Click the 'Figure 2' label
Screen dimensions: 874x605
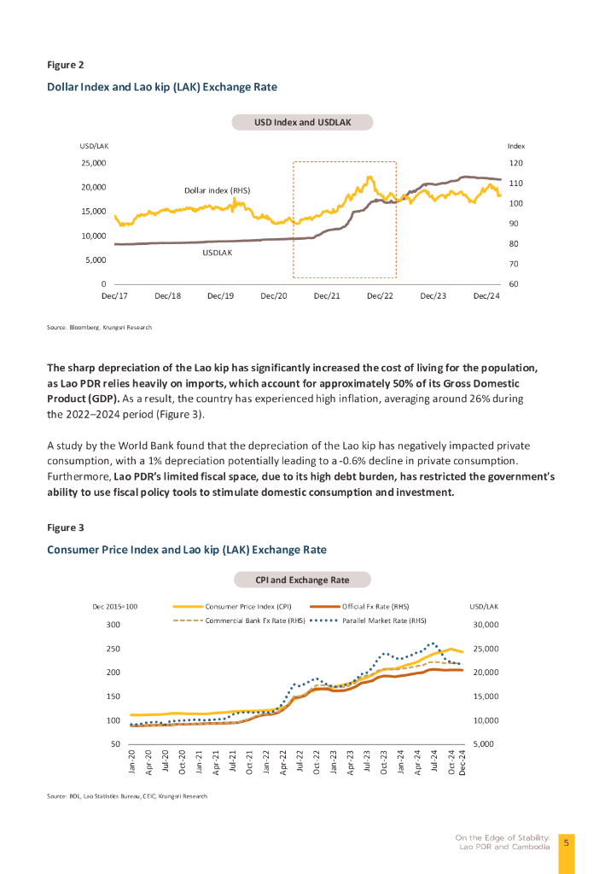(x=65, y=65)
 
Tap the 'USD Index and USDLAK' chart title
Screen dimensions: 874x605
(x=302, y=123)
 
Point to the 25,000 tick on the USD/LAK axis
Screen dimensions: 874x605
(x=93, y=162)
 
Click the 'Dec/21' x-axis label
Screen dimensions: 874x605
(x=327, y=295)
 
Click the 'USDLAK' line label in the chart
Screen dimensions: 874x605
(x=218, y=253)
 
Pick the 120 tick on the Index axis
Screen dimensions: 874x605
(x=515, y=162)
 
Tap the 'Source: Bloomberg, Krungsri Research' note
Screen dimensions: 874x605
(x=99, y=327)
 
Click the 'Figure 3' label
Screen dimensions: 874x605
(x=65, y=527)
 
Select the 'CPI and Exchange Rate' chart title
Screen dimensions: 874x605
(x=302, y=580)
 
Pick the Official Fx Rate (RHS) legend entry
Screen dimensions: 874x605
(x=375, y=606)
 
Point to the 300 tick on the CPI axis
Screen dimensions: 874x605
(x=113, y=625)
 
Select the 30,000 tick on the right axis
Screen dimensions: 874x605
(x=485, y=625)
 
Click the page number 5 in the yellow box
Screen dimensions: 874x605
(x=566, y=842)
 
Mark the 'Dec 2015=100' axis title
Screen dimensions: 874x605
(x=114, y=606)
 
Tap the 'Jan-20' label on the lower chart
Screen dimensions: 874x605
(x=132, y=761)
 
